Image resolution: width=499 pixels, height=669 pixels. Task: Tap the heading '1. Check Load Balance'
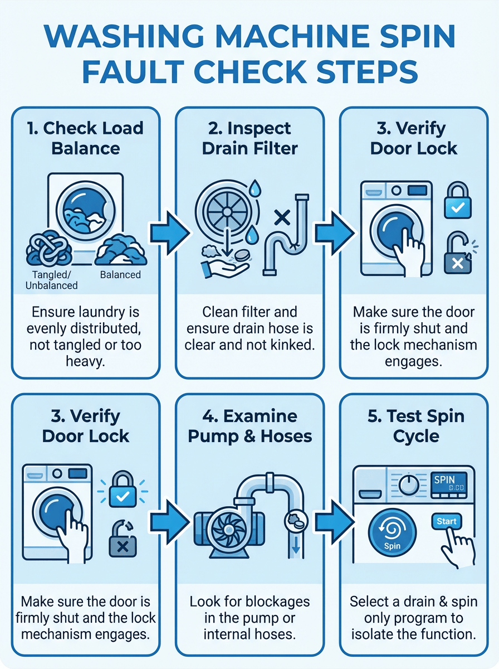(86, 138)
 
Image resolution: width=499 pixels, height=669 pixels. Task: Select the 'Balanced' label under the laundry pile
(120, 275)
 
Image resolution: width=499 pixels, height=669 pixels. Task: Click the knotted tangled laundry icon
(49, 248)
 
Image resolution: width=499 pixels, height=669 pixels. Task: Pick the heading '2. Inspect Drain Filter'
(250, 138)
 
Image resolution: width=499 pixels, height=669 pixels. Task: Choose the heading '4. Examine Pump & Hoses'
(250, 426)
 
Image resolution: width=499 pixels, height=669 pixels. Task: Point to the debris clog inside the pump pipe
(294, 520)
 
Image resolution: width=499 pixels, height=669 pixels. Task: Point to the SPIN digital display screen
(449, 483)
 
